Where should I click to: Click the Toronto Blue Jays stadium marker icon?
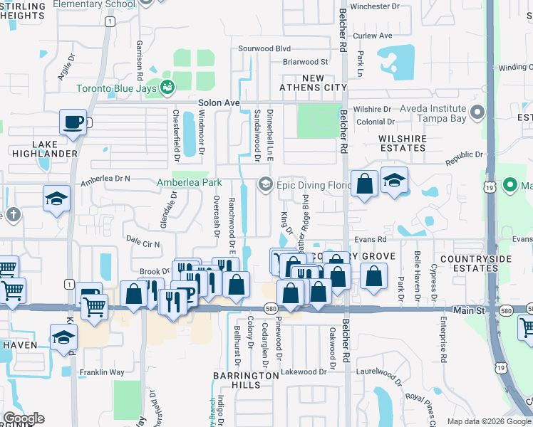(168, 88)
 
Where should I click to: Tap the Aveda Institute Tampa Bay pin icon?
(477, 112)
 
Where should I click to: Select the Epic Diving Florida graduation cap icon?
(266, 184)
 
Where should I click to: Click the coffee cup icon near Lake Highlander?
(73, 122)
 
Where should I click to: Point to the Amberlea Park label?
(190, 183)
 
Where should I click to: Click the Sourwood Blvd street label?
(265, 48)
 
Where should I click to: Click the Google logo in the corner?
(24, 418)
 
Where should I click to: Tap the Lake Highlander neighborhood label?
(44, 147)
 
